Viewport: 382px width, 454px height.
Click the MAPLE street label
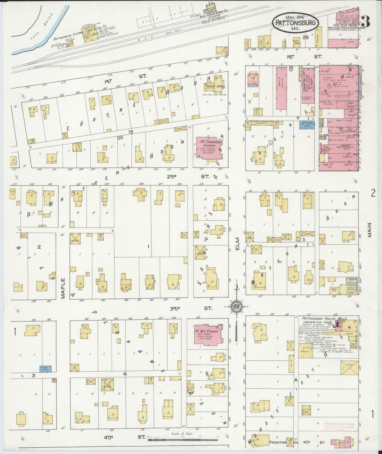(x=63, y=288)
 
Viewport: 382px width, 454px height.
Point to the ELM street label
(x=237, y=243)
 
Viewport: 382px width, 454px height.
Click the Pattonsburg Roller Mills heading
(x=324, y=319)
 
